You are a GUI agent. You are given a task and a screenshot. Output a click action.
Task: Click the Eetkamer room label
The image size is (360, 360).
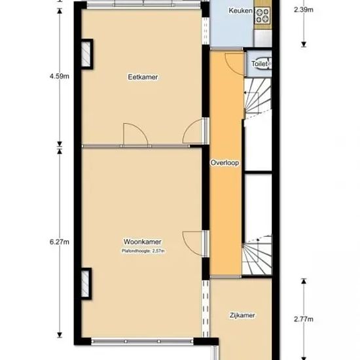(x=143, y=77)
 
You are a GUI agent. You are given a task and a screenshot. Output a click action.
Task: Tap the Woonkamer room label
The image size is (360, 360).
(x=143, y=242)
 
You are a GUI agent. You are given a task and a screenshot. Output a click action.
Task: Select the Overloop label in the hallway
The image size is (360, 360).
(x=225, y=163)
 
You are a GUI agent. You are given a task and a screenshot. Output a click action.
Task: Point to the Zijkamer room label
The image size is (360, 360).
(x=242, y=315)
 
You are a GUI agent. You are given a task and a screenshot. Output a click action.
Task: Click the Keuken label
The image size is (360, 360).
(x=240, y=10)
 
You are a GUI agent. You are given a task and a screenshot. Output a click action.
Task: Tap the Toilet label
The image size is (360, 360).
(x=259, y=63)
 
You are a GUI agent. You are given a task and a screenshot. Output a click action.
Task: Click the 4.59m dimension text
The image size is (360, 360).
(x=60, y=76)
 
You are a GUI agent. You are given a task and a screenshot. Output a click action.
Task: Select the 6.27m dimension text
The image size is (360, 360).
(x=60, y=242)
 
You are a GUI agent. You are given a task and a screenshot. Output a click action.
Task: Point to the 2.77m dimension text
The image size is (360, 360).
(x=304, y=319)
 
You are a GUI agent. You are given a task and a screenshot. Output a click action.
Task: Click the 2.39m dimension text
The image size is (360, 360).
(x=304, y=10)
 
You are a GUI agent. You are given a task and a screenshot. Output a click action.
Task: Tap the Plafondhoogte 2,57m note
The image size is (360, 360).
(x=143, y=251)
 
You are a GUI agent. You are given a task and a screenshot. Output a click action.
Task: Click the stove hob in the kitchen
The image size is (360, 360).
(x=262, y=16)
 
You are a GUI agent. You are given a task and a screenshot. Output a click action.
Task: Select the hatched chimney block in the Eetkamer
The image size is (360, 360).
(x=87, y=54)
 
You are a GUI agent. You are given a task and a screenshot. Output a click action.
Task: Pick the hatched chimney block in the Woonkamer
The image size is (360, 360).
(x=86, y=283)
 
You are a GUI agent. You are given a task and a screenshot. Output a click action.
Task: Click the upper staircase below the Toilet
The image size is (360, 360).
(x=258, y=98)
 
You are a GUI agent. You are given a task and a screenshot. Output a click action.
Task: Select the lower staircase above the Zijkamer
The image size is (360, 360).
(x=257, y=255)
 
